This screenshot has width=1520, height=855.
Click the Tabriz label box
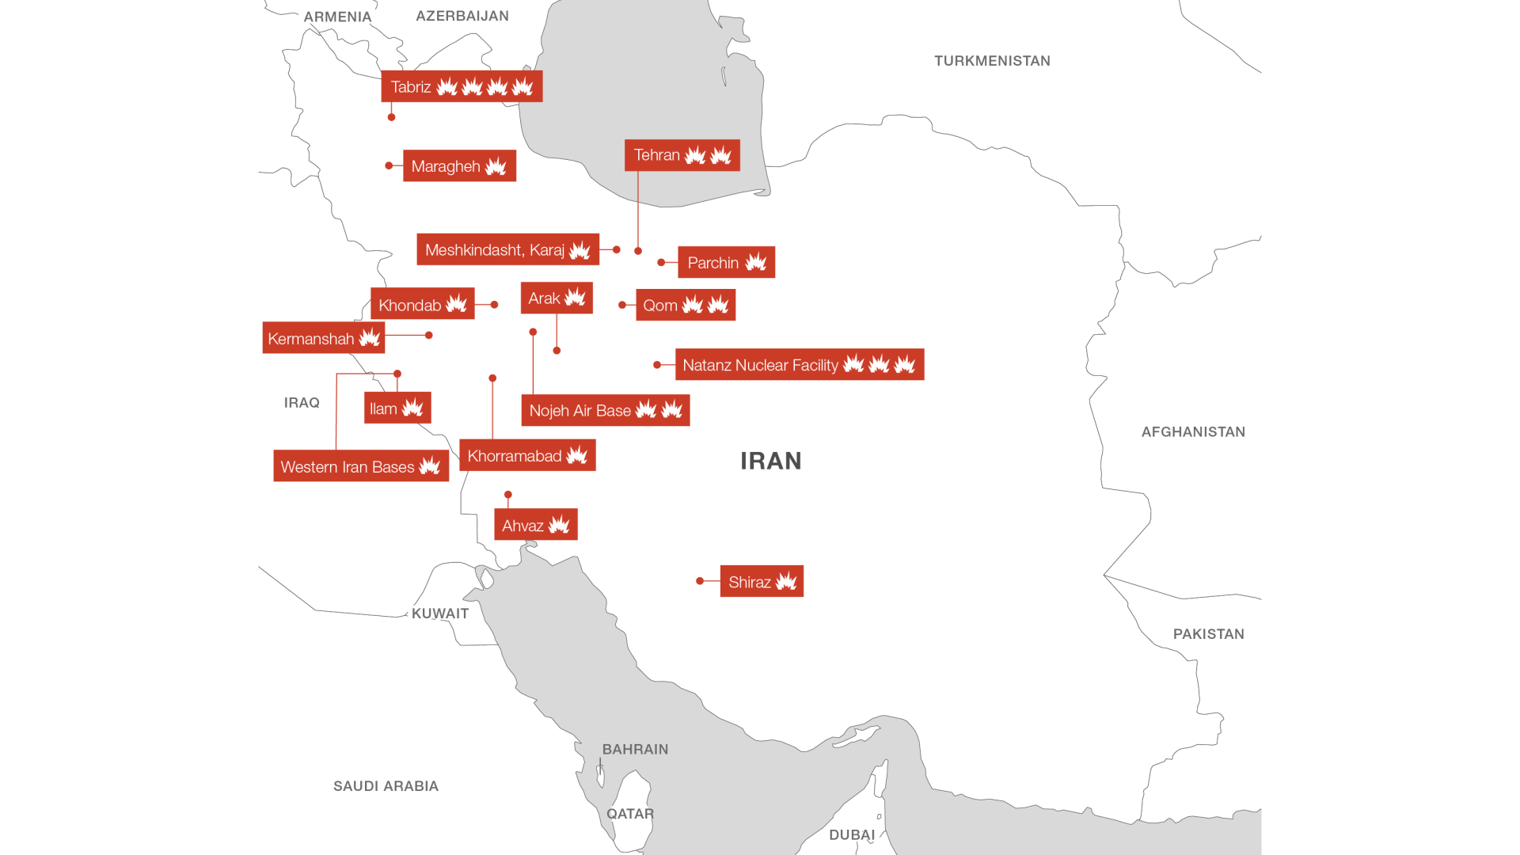click(462, 86)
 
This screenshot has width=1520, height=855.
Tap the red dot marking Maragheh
click(389, 165)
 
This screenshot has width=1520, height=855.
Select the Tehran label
click(682, 155)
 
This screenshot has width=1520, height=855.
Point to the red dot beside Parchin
click(661, 262)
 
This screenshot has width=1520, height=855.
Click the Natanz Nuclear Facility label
click(799, 365)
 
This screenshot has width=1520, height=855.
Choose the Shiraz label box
click(762, 582)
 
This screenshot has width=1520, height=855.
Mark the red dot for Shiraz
click(700, 581)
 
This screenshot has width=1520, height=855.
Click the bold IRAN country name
click(770, 461)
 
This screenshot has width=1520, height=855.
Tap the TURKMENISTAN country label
click(992, 61)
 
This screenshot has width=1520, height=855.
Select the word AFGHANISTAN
click(1193, 432)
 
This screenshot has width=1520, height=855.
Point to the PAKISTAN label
click(1208, 634)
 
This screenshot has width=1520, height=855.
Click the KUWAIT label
click(440, 614)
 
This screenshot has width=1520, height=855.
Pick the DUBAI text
click(852, 835)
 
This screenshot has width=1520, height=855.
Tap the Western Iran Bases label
click(361, 466)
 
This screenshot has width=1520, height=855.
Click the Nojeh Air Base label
click(605, 410)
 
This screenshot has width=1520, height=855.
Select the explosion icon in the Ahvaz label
click(559, 525)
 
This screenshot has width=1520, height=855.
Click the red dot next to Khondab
click(494, 304)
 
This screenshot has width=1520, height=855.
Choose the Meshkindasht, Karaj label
click(507, 250)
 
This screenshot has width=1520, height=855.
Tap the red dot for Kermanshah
click(429, 335)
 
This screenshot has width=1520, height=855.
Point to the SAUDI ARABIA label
click(386, 786)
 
